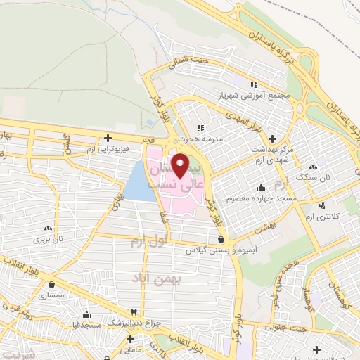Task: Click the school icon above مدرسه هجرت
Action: [200, 128]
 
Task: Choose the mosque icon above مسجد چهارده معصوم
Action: [262, 188]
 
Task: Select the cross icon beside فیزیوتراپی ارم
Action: [107, 139]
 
